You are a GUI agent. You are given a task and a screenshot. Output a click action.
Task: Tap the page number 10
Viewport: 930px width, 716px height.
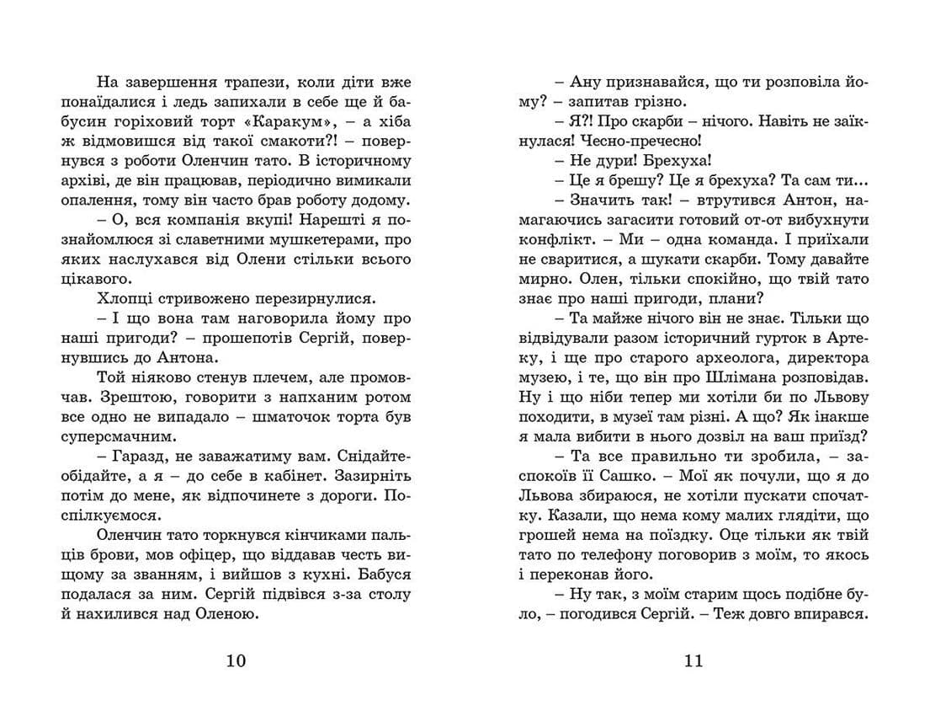tap(236, 660)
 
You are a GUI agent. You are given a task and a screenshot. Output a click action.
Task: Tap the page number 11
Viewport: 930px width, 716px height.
tap(693, 660)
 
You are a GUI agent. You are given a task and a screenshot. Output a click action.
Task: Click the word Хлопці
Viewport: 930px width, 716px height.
tap(123, 299)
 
